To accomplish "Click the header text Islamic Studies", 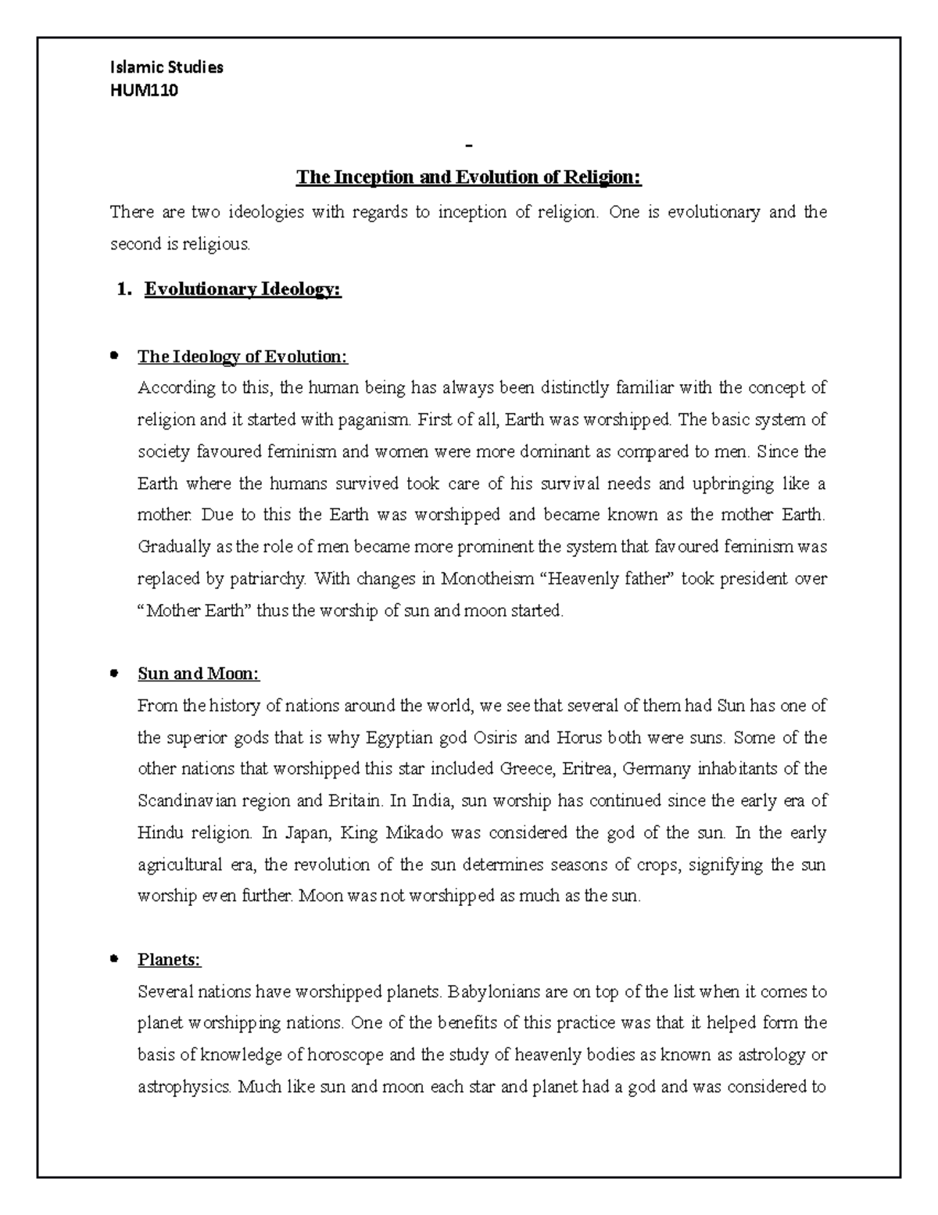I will click(x=166, y=67).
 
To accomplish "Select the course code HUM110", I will click(x=144, y=90).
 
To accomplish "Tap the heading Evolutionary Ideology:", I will click(x=243, y=289).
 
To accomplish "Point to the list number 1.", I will click(x=122, y=289).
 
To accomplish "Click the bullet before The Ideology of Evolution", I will click(x=114, y=356).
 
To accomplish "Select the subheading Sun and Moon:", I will click(x=198, y=674).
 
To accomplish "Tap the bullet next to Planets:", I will click(x=114, y=958).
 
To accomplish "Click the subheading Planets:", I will click(x=169, y=959).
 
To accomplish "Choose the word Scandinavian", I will click(x=193, y=801).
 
